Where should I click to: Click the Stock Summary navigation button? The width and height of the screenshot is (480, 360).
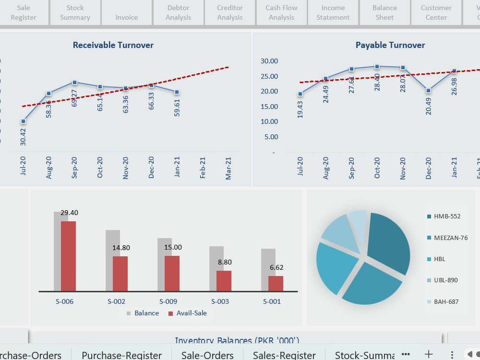coord(75,12)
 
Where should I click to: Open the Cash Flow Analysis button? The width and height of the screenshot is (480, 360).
coord(281,12)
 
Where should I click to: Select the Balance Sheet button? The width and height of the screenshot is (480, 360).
coord(384,12)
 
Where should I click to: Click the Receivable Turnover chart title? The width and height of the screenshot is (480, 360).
coord(113,45)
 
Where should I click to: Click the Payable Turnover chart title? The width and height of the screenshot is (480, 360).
coord(390,45)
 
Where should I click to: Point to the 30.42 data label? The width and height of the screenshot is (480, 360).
coord(24,136)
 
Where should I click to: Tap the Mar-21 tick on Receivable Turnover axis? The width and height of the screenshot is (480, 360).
coord(228,168)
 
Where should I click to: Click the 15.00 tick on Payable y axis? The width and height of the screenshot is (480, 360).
coord(269,107)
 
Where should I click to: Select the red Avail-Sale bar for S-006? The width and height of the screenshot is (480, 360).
coord(68,256)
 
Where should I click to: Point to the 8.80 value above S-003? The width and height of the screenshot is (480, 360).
coord(224,262)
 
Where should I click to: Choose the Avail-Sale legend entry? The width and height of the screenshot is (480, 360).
coord(188,313)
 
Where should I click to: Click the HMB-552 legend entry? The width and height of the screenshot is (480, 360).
coord(446,216)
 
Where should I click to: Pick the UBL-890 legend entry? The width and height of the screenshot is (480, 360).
coord(445,280)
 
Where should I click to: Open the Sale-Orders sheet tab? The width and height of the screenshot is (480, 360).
coord(207,355)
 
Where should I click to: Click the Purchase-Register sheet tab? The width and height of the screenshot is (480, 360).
coord(121,355)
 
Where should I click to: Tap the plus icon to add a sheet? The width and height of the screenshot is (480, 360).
coord(429,354)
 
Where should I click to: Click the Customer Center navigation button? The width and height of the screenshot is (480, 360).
coord(436,12)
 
